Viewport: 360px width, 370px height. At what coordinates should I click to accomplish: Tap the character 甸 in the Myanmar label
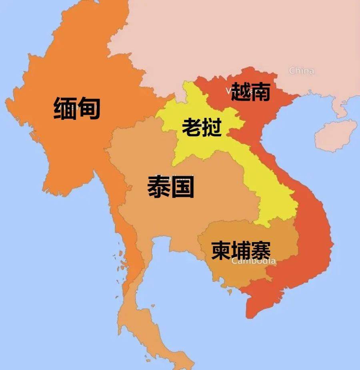click(x=88, y=108)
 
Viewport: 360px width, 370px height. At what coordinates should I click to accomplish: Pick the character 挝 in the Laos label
click(x=212, y=127)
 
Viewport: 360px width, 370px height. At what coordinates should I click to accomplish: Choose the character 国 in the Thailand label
click(x=182, y=187)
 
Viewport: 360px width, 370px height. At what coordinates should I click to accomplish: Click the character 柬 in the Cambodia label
click(x=221, y=250)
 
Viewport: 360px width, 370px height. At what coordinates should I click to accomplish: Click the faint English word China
click(x=301, y=71)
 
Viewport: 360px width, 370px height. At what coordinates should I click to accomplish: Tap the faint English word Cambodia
click(x=254, y=261)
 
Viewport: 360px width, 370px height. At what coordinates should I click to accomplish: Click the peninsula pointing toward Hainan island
click(x=340, y=108)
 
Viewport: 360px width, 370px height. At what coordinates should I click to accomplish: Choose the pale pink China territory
click(x=240, y=36)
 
